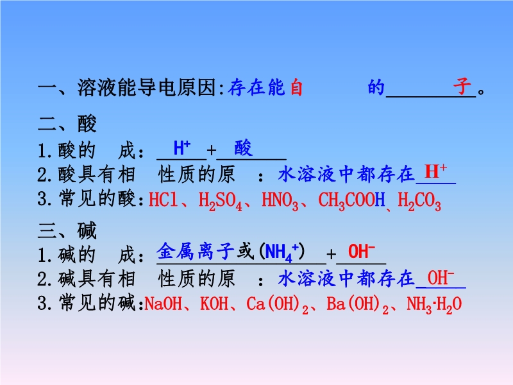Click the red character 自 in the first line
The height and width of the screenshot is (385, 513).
tap(296, 87)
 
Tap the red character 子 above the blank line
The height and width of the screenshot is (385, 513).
tap(462, 86)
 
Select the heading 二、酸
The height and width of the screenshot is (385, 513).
tap(67, 124)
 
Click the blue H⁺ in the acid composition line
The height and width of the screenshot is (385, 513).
tap(182, 148)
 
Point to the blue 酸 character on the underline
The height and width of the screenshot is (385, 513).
tap(244, 148)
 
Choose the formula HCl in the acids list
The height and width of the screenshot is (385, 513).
tap(163, 199)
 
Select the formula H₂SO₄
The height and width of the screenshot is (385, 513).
tap(220, 200)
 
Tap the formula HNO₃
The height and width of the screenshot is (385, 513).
tap(280, 200)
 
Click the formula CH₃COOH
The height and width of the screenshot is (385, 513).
tap(351, 200)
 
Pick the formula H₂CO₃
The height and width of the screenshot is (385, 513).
tap(419, 200)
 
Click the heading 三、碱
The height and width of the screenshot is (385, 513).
tap(67, 230)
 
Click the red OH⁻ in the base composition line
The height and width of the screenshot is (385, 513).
tap(361, 252)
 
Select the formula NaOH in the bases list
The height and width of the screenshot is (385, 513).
tap(164, 304)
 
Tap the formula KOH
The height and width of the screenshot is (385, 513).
tap(214, 304)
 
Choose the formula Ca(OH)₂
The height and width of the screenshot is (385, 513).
tap(278, 305)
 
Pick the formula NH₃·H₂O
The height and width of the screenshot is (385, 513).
tap(434, 305)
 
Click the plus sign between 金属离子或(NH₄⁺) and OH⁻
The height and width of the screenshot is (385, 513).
tap(331, 254)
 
